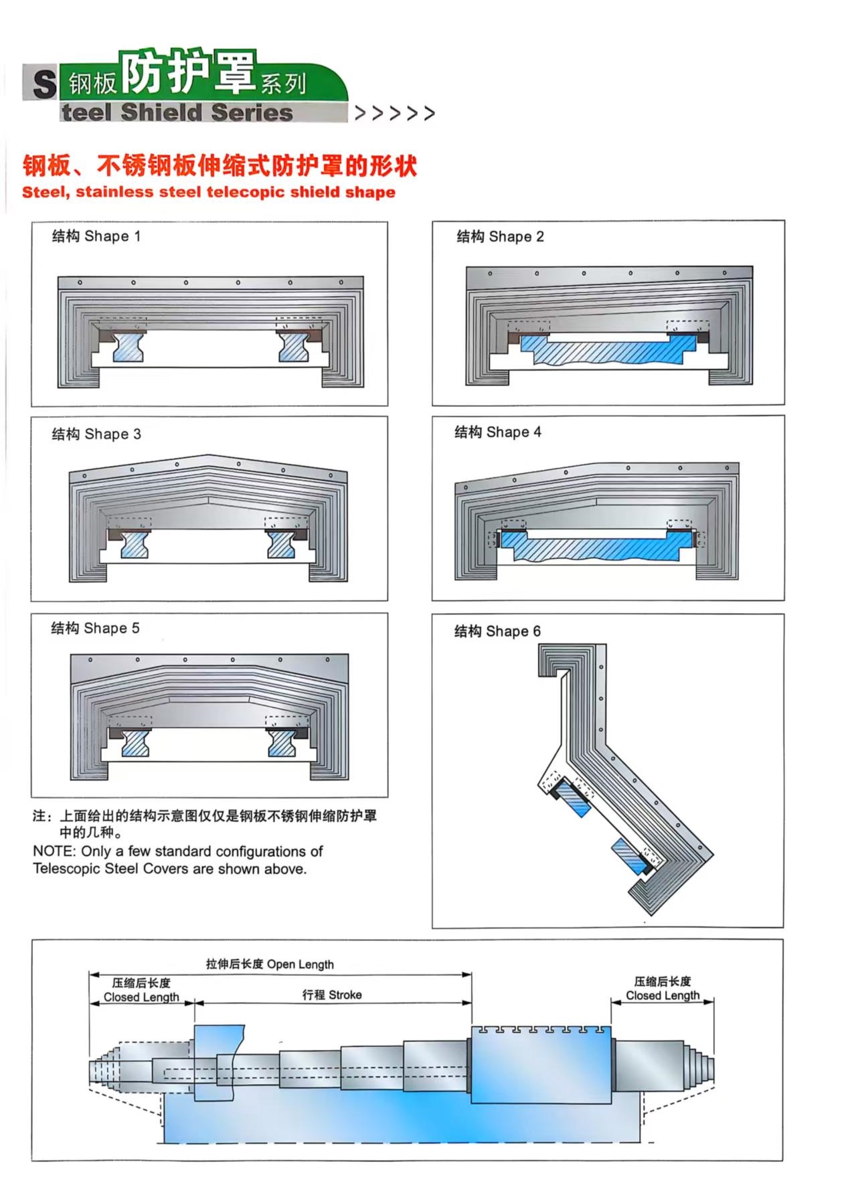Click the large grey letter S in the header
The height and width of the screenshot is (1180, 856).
44,84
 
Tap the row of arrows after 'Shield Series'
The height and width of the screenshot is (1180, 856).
395,113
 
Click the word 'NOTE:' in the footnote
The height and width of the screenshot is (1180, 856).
55,852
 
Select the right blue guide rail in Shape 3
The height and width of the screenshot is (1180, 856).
281,545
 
